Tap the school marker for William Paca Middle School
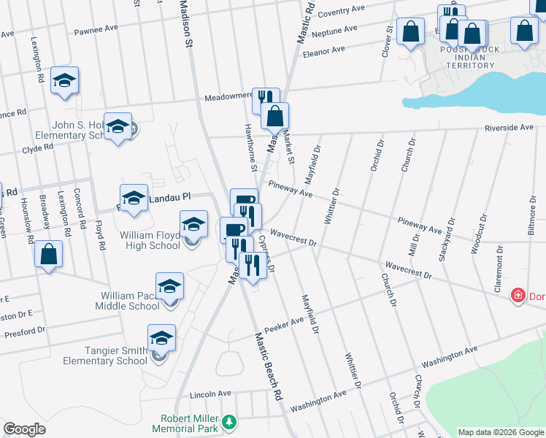point(169,285)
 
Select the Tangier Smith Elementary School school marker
point(161,337)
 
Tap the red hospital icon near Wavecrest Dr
point(518,296)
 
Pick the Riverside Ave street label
point(510,127)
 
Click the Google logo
point(24,429)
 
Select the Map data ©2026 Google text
point(500,432)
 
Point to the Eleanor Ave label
point(323,51)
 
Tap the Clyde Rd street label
point(38,147)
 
